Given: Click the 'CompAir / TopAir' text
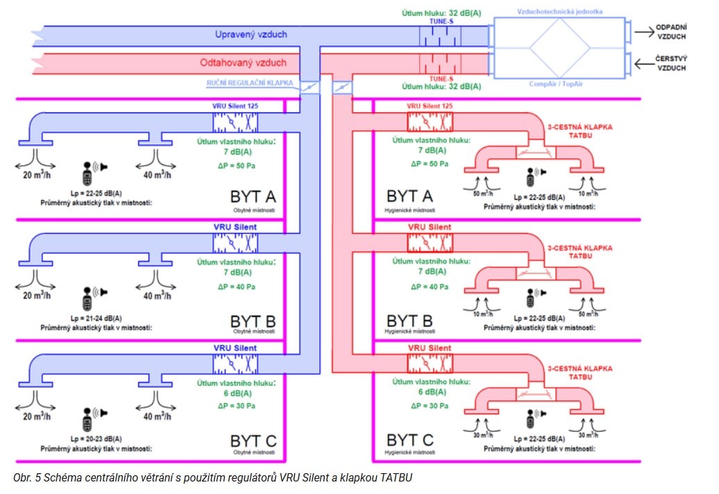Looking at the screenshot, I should [x=559, y=84].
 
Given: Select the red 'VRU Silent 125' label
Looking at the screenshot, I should [x=430, y=107].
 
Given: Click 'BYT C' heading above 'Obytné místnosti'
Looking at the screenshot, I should [x=253, y=441].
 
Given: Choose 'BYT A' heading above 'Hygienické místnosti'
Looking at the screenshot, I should [x=409, y=196].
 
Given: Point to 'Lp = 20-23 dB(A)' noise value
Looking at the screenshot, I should [x=87, y=438].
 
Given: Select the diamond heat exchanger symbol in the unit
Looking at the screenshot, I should [x=559, y=47].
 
